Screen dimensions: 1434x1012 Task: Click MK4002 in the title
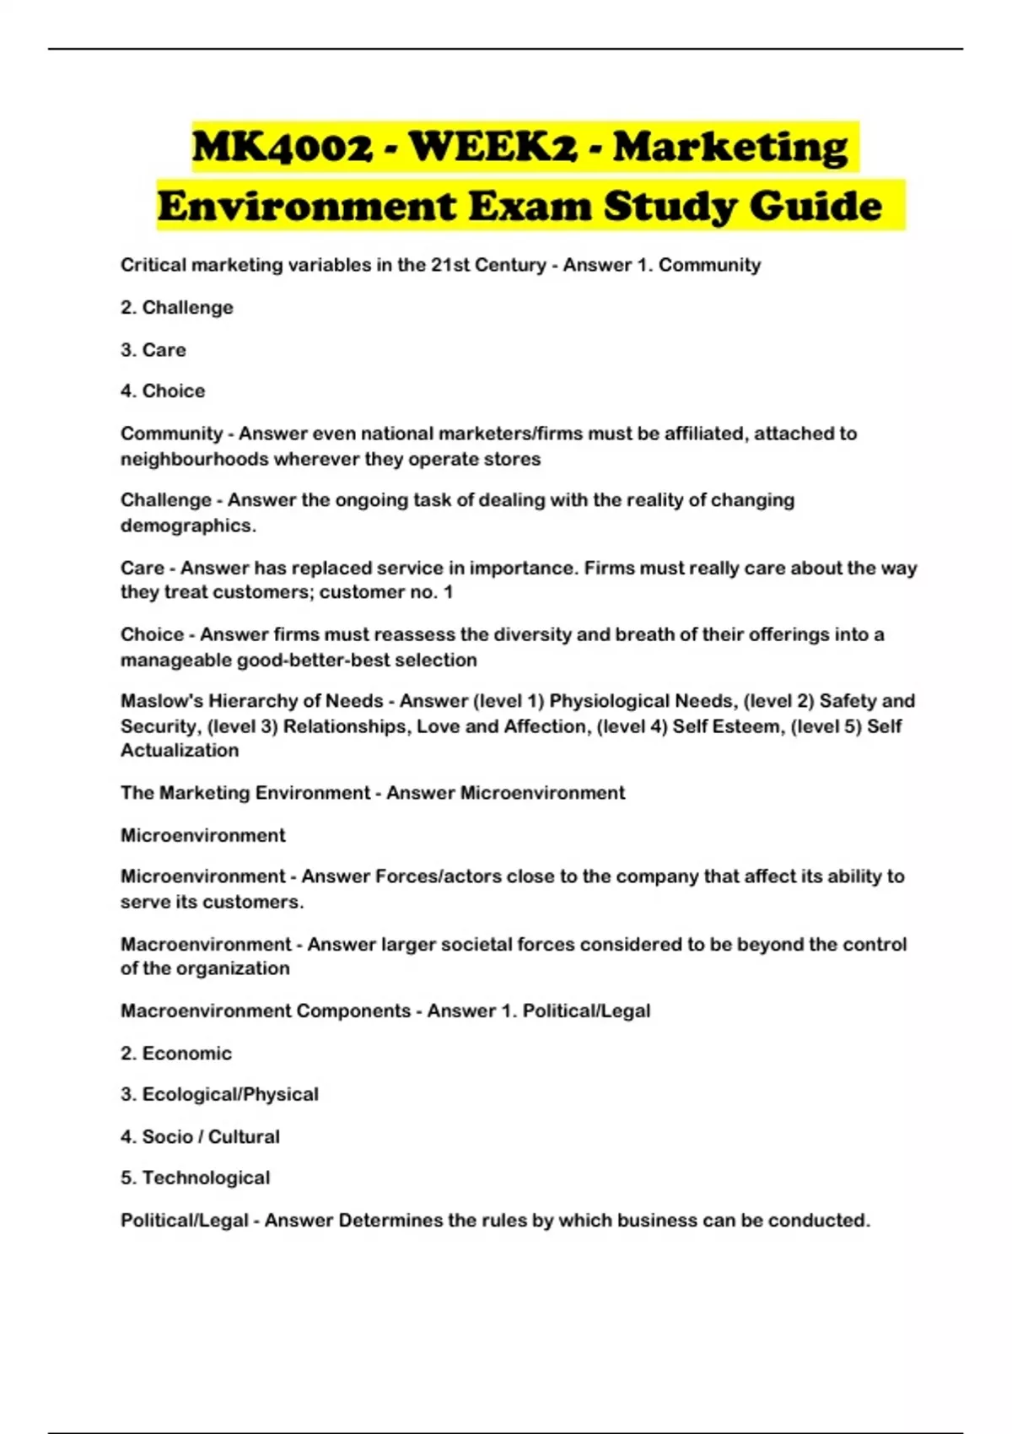tap(283, 148)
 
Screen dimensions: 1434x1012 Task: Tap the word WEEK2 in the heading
tap(494, 148)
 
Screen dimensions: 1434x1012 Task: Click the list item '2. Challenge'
tap(176, 308)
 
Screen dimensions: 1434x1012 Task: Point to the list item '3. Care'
tap(153, 350)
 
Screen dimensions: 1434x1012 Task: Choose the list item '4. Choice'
tap(163, 391)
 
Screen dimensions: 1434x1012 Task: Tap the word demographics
tap(187, 526)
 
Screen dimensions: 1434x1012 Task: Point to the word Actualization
tap(180, 751)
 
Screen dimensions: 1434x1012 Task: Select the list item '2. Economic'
tap(175, 1054)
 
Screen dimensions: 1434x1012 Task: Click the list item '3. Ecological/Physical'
tap(219, 1095)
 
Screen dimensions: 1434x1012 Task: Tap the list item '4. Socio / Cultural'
tap(200, 1137)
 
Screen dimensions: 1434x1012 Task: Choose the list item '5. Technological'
tap(195, 1178)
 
